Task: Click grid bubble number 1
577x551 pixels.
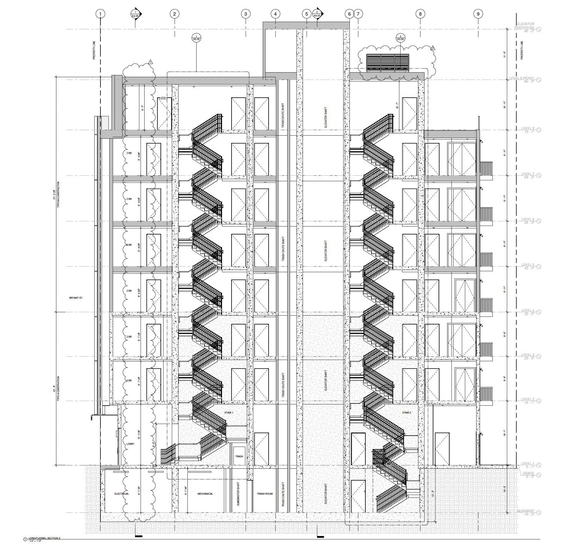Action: click(x=100, y=14)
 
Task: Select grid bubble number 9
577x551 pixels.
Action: click(x=478, y=14)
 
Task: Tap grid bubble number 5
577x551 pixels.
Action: click(x=307, y=14)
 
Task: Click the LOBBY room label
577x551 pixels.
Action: click(x=130, y=444)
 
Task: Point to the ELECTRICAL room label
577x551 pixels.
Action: click(x=122, y=494)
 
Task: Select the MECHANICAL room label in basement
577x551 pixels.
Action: click(x=205, y=494)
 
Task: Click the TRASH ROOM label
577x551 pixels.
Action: click(x=265, y=494)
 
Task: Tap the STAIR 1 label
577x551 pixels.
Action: click(x=229, y=413)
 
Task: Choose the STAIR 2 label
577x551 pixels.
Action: click(x=407, y=413)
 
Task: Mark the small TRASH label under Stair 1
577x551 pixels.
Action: click(x=239, y=456)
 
